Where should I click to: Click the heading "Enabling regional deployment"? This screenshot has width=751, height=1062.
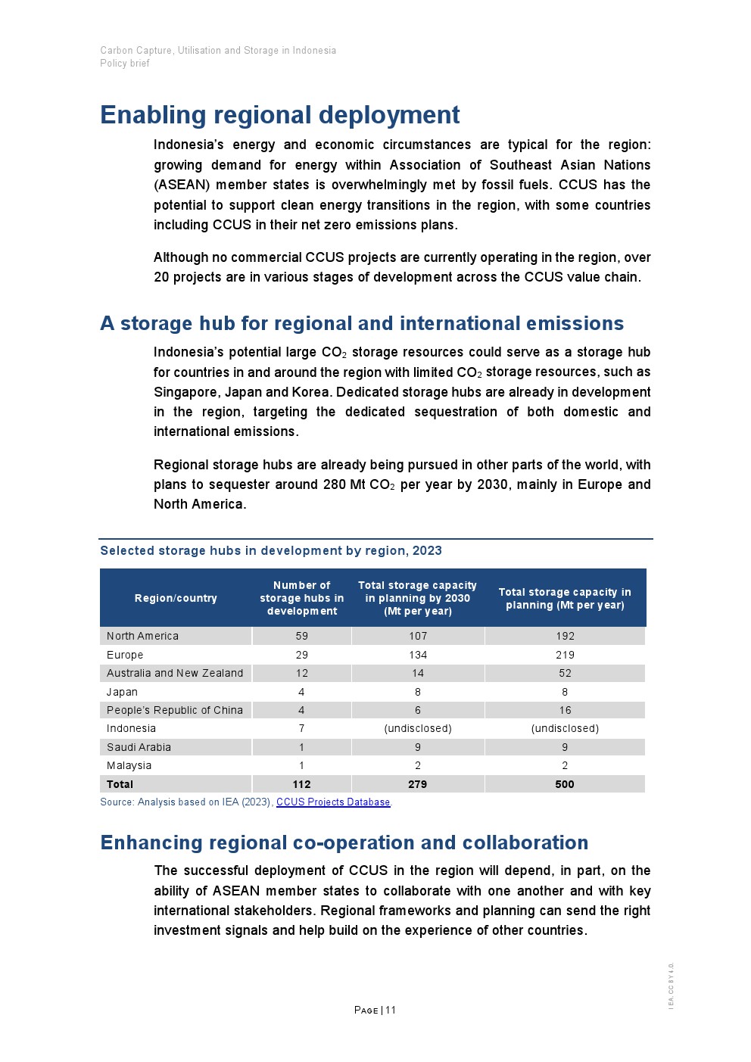click(x=279, y=115)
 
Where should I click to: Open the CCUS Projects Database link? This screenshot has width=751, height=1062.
click(x=333, y=802)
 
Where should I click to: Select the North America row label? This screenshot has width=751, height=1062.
click(x=142, y=637)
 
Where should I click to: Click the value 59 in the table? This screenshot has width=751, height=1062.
click(x=301, y=637)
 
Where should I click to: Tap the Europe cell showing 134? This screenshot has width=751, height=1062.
click(x=418, y=655)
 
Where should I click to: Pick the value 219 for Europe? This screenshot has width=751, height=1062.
click(x=565, y=655)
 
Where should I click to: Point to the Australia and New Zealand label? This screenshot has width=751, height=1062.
click(x=175, y=673)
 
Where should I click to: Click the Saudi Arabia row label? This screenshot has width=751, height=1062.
click(x=139, y=747)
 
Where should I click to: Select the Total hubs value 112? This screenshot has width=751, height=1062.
click(x=301, y=784)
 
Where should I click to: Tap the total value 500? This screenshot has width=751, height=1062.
click(x=565, y=784)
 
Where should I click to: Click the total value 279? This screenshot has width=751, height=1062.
click(x=418, y=784)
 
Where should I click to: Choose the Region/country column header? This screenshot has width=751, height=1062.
click(x=176, y=598)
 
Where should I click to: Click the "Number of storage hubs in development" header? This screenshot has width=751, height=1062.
click(x=301, y=598)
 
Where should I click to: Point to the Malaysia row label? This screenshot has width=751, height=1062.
click(x=129, y=765)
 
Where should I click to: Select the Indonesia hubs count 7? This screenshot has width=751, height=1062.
click(x=301, y=728)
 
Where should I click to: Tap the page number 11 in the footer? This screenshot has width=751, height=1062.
click(x=391, y=1010)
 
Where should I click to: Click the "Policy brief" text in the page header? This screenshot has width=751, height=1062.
click(x=125, y=64)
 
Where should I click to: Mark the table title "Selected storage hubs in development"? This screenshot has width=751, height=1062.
click(x=271, y=551)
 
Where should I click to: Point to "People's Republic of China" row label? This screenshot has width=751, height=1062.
click(x=175, y=710)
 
